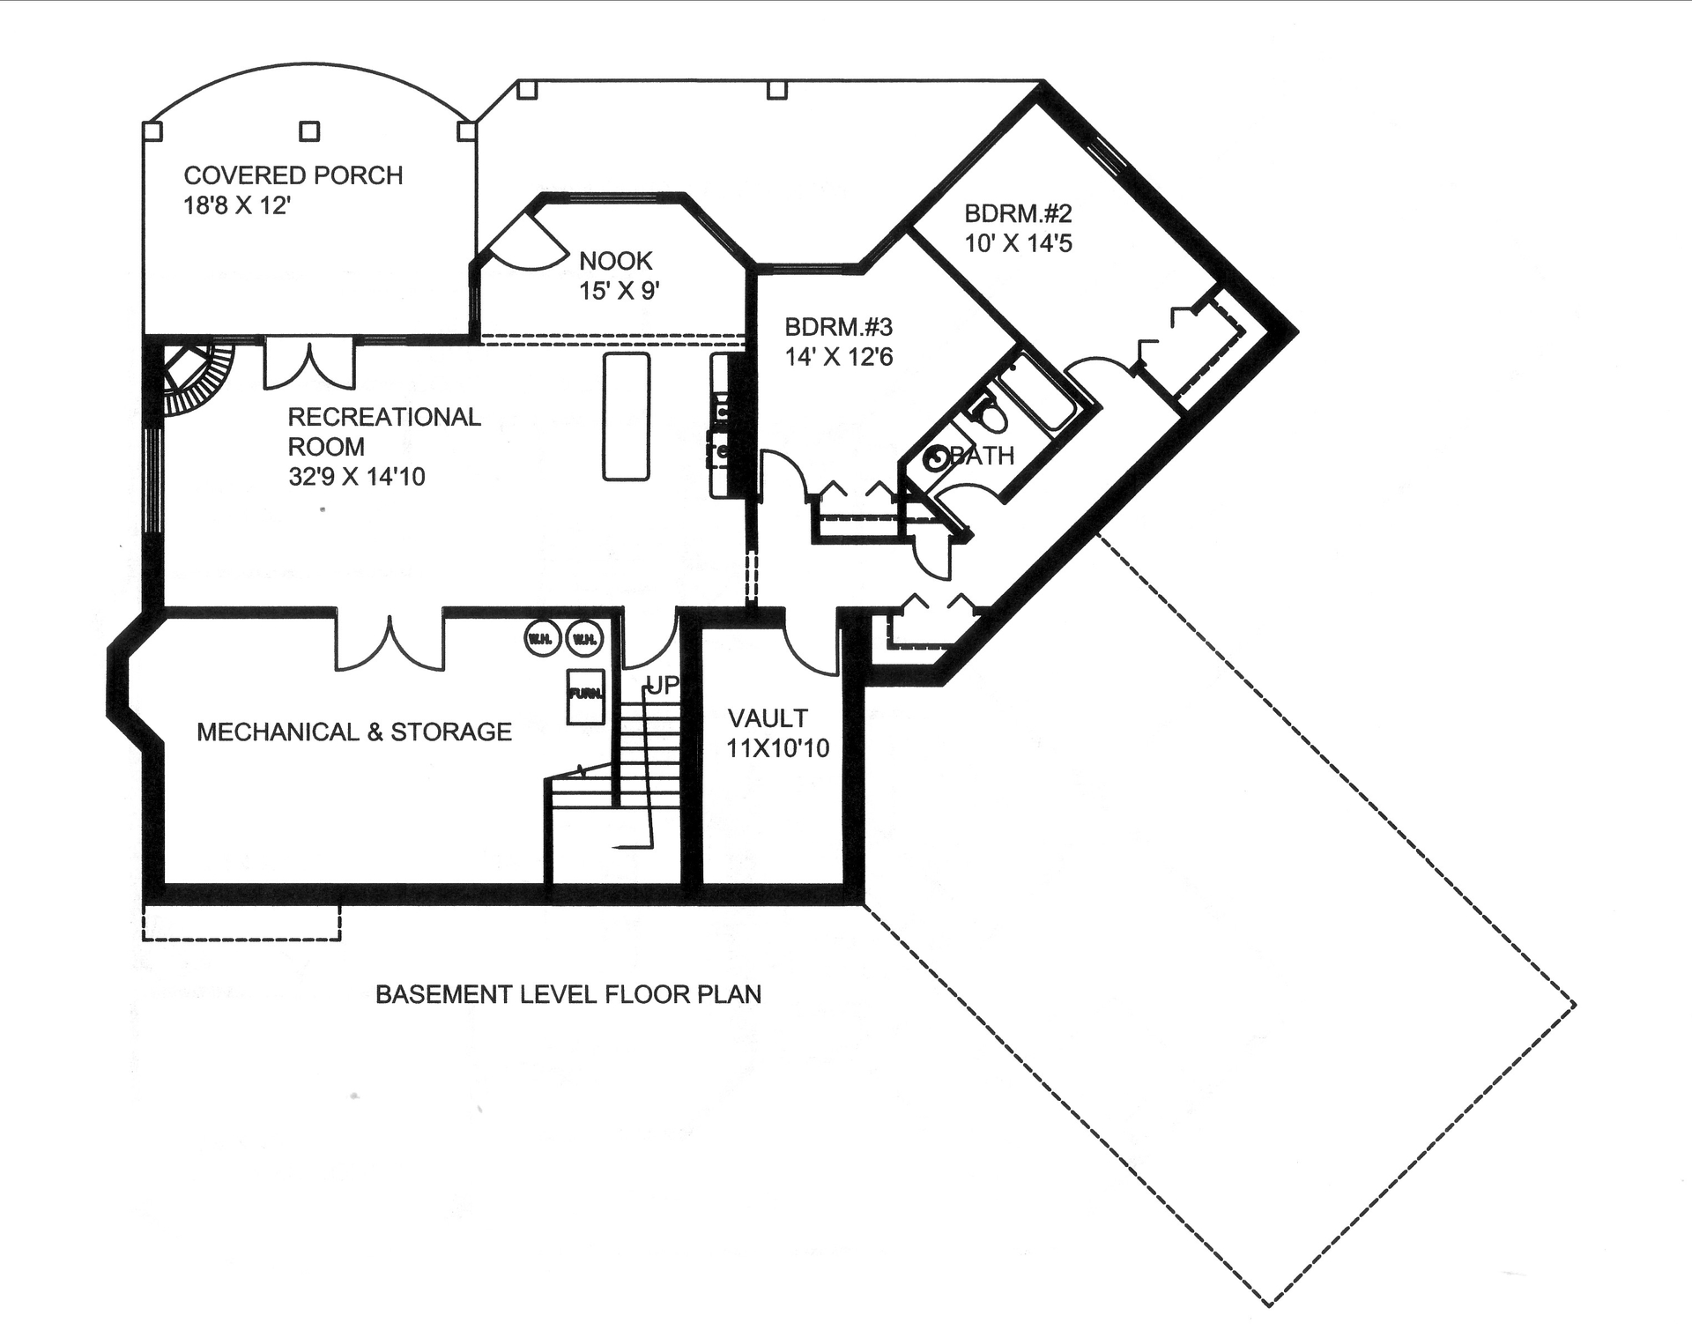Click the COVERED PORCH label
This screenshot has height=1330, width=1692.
pos(293,175)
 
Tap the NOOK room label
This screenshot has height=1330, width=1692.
pos(615,261)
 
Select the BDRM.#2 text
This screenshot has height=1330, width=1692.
pos(1018,213)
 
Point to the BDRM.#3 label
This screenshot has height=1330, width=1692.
pos(838,327)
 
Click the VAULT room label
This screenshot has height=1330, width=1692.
pos(767,718)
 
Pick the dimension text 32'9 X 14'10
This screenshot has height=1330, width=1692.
pos(356,477)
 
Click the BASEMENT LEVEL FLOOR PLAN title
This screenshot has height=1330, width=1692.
pos(568,994)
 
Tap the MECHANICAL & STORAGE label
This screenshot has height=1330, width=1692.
pos(353,732)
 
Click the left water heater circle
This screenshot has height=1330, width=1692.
pos(542,638)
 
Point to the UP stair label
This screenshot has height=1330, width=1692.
pos(663,686)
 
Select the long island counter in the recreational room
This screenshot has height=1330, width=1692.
pos(626,416)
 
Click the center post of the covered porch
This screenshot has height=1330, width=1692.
pos(309,131)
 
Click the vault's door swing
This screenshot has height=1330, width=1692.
pos(809,648)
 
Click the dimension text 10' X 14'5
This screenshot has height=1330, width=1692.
pos(1018,243)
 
